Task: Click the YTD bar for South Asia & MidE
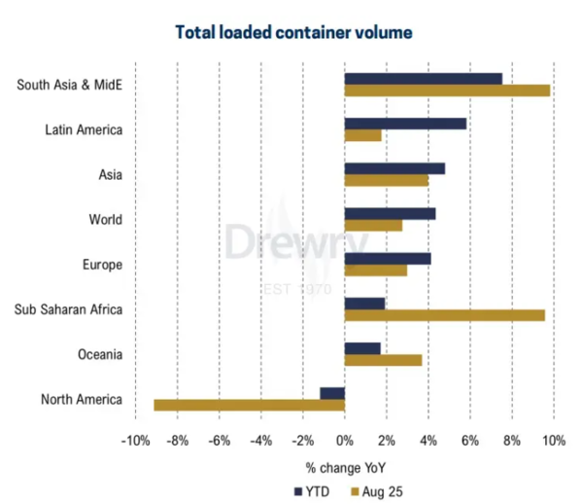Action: (424, 79)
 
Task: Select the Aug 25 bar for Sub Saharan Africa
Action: (445, 315)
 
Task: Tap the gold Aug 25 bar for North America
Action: (250, 405)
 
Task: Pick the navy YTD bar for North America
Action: (332, 393)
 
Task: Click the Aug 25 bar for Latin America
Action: (362, 135)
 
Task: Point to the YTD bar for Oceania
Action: (362, 348)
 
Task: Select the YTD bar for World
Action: (390, 214)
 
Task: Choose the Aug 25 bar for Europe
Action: (376, 270)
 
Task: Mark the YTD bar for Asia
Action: (394, 168)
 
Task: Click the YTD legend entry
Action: (312, 491)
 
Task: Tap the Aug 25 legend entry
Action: (377, 491)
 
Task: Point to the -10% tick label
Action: (136, 441)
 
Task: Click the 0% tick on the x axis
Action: (345, 441)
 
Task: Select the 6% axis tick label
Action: (470, 441)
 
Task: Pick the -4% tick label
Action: (261, 441)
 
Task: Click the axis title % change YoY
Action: (346, 468)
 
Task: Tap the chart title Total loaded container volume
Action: (293, 32)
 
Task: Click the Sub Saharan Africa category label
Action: (68, 309)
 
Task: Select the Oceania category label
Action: (100, 354)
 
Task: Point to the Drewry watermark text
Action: (296, 242)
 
